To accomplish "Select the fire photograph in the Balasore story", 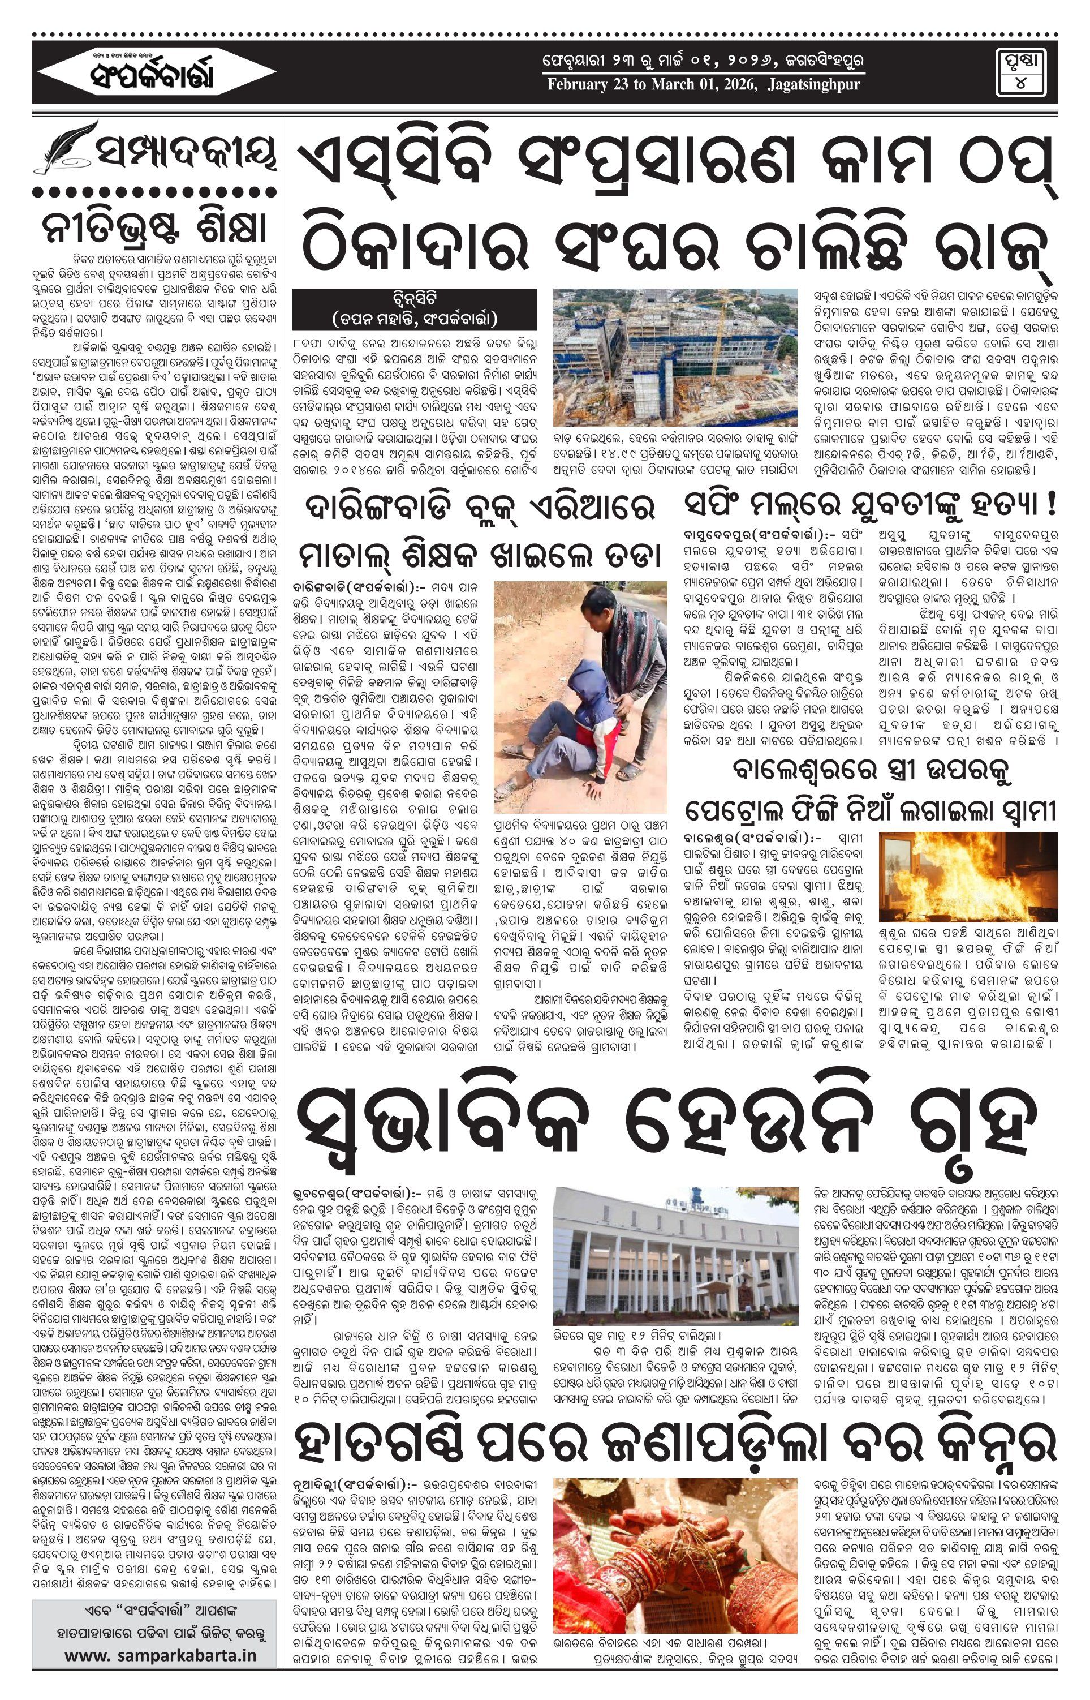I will tap(968, 877).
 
